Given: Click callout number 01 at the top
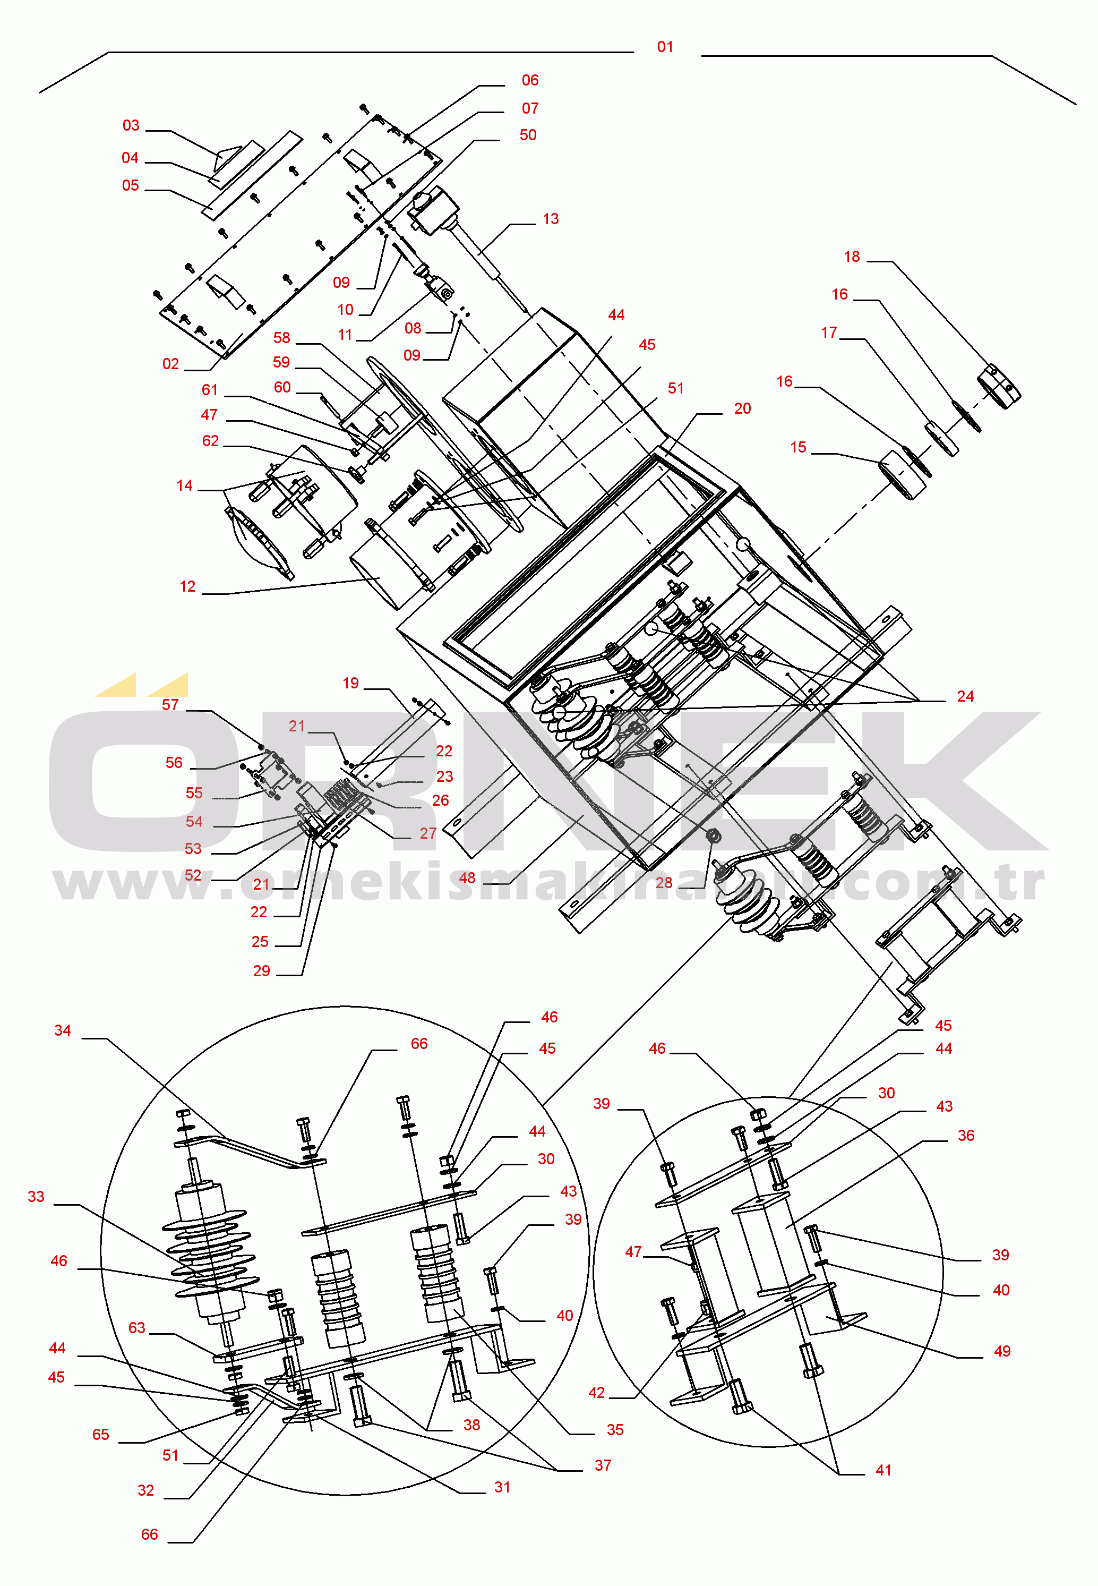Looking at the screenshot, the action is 665,47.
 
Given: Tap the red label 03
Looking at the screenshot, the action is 131,125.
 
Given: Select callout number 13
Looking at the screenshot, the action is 551,219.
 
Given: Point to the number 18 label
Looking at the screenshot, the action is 852,257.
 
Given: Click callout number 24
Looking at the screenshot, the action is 965,696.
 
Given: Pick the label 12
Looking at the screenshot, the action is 187,586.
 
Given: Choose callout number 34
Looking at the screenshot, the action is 62,1030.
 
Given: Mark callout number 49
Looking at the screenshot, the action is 1002,1351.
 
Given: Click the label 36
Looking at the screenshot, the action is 966,1135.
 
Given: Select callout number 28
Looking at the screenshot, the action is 664,883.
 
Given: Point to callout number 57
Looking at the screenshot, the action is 170,705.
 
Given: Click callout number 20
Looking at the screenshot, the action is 742,408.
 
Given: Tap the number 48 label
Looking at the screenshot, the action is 467,878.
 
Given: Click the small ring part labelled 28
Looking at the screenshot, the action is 714,836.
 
